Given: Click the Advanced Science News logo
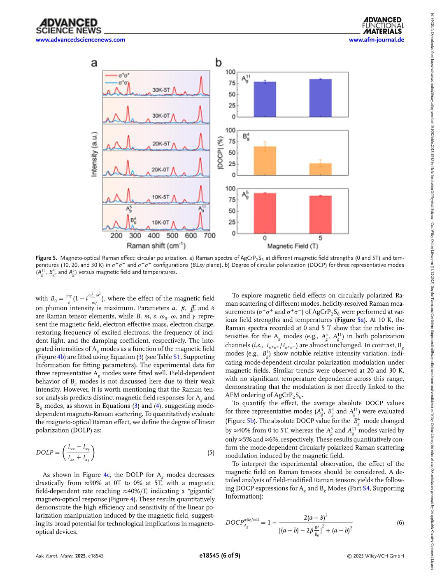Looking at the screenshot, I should [x=68, y=26].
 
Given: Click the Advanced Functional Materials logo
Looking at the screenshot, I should [x=383, y=26].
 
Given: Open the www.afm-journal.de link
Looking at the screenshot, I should [x=376, y=40].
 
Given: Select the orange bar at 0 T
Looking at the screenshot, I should [x=265, y=160].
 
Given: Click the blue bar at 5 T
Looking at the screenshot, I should [x=320, y=98].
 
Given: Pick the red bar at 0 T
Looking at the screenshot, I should [x=265, y=213].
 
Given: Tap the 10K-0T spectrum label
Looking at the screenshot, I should [x=161, y=222].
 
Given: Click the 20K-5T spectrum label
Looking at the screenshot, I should [x=161, y=144].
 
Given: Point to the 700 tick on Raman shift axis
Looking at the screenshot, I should [x=209, y=236].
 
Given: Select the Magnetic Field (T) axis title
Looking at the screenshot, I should [x=292, y=246].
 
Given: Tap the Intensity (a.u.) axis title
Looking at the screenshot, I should [x=94, y=154].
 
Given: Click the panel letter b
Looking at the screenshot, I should [x=219, y=63].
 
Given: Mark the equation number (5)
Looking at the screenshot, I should [x=211, y=453].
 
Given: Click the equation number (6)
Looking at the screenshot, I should [x=400, y=523].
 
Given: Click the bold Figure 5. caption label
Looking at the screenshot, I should [x=47, y=258].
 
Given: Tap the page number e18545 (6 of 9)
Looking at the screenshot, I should [x=220, y=555].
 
